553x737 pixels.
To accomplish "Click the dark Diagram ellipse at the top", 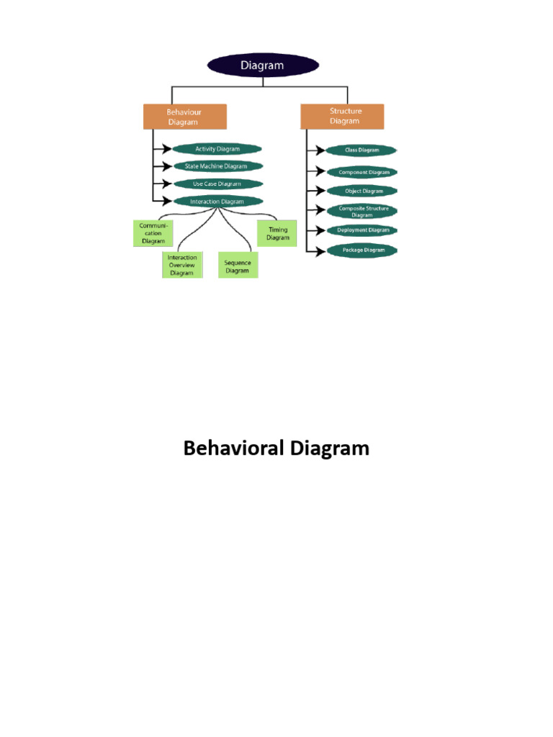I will [262, 65].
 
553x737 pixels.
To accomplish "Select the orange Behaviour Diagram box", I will [184, 117].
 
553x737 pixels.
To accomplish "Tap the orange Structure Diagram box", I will [342, 117].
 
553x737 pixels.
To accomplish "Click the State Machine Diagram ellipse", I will [216, 166].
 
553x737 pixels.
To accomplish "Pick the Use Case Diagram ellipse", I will [216, 184].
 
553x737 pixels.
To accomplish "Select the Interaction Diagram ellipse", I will [217, 202].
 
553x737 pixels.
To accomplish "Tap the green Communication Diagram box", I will [153, 233].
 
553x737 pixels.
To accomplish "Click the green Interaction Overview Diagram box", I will [182, 265].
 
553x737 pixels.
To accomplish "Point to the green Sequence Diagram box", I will [238, 266].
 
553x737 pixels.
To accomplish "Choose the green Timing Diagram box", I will [277, 234].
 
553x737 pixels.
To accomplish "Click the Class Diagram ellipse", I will [361, 150].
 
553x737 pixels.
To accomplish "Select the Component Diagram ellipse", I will [362, 173].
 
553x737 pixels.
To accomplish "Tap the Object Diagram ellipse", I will [362, 191].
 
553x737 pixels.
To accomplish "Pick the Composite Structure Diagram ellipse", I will [362, 211].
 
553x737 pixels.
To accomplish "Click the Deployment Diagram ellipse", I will [362, 230].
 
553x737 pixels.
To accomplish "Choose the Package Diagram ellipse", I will [362, 250].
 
